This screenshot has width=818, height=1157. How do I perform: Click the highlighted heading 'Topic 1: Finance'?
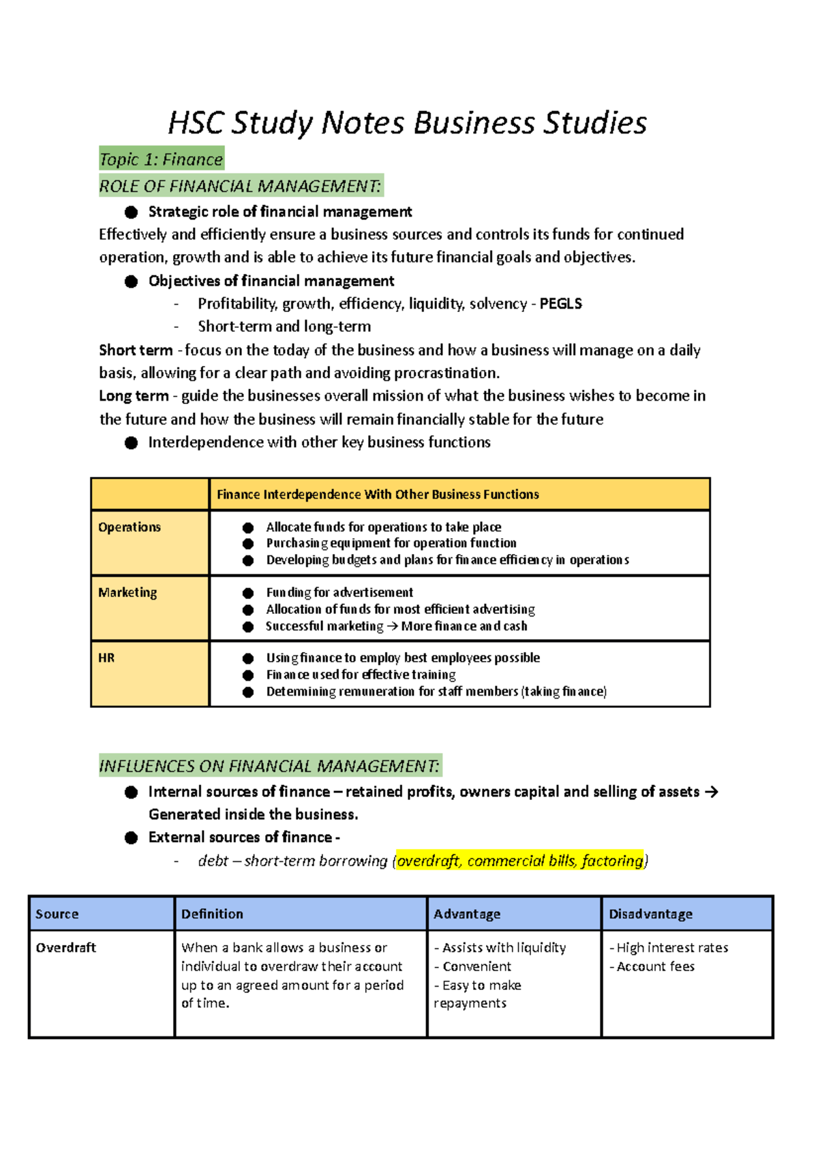coord(161,159)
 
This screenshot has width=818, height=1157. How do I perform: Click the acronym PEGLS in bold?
coord(560,304)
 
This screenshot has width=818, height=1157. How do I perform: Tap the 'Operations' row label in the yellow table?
coord(130,527)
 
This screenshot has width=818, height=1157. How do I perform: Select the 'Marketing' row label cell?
coord(127,593)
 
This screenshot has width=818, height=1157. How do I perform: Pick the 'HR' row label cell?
coord(106,658)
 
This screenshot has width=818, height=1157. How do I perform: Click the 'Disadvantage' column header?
coord(650,914)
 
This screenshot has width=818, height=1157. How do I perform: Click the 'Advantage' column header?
coord(467,914)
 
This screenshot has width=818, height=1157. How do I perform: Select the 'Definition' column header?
coord(212,914)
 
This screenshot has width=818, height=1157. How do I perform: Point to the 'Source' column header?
coord(57,914)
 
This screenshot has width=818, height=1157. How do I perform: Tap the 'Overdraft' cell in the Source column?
coord(66,948)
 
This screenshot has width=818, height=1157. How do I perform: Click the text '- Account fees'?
coord(652,967)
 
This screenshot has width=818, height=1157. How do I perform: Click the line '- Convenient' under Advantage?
coord(473,967)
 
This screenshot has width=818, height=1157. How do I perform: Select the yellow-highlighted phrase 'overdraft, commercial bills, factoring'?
coord(520,861)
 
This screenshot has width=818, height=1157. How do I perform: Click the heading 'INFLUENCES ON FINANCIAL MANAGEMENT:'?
coord(269,767)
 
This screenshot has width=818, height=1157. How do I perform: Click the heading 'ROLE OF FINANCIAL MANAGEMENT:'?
coord(241,186)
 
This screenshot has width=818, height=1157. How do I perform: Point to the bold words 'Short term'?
coord(136,350)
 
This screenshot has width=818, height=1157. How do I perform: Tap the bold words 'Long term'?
coord(134,396)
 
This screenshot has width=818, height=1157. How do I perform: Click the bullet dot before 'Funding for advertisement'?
coord(248,593)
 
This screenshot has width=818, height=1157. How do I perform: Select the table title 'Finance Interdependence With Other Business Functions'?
coord(378,495)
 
